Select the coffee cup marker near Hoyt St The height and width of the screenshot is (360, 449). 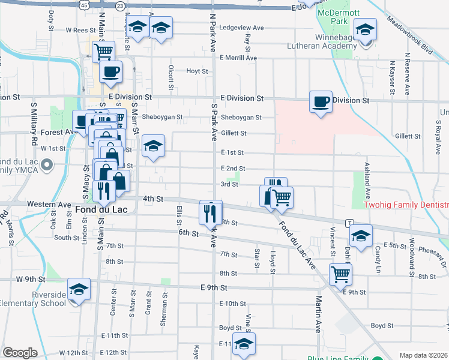coord(110,73)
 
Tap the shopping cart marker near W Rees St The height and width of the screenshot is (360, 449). coord(104,52)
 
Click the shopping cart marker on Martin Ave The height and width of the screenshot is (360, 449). coord(340,274)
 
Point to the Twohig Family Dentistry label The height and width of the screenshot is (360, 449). coord(407,205)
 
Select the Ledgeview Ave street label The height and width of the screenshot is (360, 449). coord(242,28)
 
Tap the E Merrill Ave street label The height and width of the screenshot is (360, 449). coord(238,58)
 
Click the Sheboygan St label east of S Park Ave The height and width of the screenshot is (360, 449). coord(241,118)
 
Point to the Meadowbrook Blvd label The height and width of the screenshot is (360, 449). coord(410,37)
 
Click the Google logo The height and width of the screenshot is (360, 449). coord(20,353)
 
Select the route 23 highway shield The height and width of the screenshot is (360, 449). coord(121,5)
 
